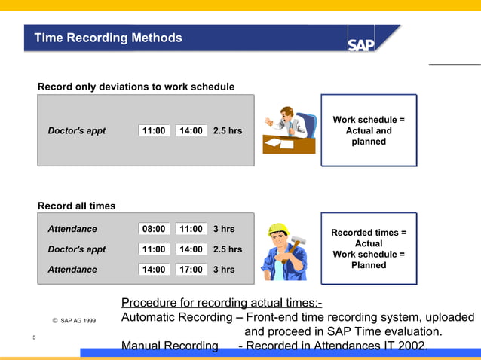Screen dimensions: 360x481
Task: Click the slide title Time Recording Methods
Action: click(109, 38)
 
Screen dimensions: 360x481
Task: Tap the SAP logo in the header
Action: click(360, 44)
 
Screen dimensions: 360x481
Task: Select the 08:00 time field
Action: click(154, 229)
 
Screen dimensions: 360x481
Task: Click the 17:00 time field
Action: click(191, 269)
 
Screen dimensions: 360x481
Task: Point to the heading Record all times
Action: click(77, 206)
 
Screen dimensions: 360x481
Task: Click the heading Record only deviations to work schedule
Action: click(136, 87)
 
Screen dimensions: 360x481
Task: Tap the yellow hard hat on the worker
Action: click(279, 229)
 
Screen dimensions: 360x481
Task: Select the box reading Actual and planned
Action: click(369, 130)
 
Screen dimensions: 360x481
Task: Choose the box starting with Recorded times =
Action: click(369, 249)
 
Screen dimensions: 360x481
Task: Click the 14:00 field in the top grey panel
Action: click(191, 130)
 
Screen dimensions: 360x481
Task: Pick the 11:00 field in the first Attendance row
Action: click(191, 229)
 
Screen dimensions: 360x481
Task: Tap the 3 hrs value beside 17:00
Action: click(224, 269)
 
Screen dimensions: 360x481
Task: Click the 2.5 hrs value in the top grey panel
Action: click(228, 130)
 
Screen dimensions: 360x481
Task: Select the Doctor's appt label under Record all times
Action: click(76, 249)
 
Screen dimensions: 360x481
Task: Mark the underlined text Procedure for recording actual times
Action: click(222, 303)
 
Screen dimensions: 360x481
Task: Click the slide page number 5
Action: click(35, 337)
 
